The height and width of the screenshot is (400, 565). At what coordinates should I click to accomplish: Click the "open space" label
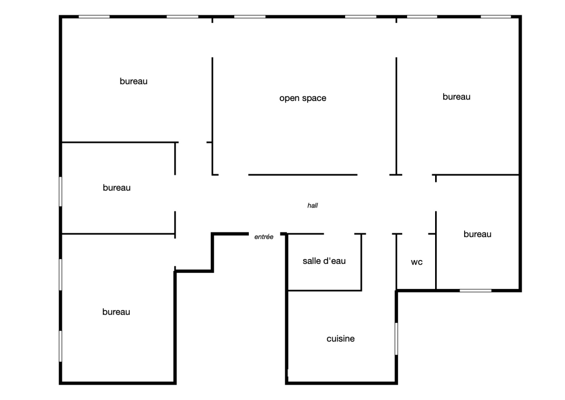(303, 98)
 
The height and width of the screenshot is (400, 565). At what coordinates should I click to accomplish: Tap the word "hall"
(312, 205)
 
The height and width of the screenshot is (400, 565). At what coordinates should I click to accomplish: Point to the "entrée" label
(264, 236)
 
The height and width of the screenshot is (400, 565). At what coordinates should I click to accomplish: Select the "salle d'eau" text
(324, 261)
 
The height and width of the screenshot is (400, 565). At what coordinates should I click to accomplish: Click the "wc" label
(417, 262)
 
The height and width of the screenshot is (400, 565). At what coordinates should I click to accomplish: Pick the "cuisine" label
(341, 338)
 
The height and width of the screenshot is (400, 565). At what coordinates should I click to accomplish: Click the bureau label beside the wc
(478, 234)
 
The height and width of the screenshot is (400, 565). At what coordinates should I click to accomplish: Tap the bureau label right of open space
(457, 96)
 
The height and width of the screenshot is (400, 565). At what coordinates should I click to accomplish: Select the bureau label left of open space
(134, 81)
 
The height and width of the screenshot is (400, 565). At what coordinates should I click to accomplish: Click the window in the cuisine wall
(396, 338)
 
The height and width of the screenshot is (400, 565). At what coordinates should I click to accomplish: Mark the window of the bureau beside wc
(476, 290)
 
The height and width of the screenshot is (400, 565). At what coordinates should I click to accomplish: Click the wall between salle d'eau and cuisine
(325, 290)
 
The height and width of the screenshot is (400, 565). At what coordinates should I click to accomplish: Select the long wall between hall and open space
(303, 175)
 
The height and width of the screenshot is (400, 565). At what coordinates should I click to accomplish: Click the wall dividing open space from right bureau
(396, 116)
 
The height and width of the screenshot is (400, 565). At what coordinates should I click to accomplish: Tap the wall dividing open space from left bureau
(212, 116)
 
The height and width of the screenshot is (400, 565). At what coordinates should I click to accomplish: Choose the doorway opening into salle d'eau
(339, 233)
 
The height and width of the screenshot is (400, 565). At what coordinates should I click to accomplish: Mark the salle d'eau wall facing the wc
(361, 262)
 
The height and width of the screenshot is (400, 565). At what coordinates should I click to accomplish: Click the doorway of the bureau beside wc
(436, 196)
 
